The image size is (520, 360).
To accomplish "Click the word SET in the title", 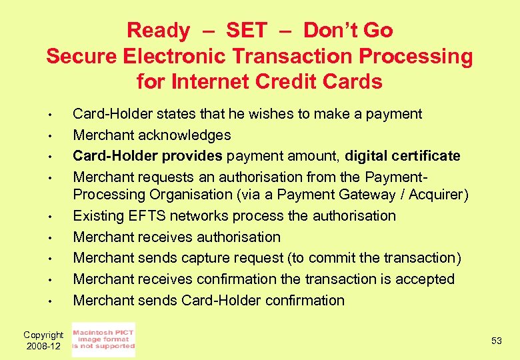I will (x=246, y=30).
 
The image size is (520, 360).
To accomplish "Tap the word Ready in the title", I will (x=158, y=30).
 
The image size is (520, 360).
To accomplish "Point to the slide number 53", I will (x=496, y=341).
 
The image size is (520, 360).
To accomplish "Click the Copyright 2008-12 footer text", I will (x=43, y=341).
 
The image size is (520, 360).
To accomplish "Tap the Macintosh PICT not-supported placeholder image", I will (x=103, y=340).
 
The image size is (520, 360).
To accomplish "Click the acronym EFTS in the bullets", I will (x=147, y=216).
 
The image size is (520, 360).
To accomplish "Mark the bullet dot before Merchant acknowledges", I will (x=50, y=136).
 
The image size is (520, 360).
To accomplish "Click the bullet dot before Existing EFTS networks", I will (x=50, y=217).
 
